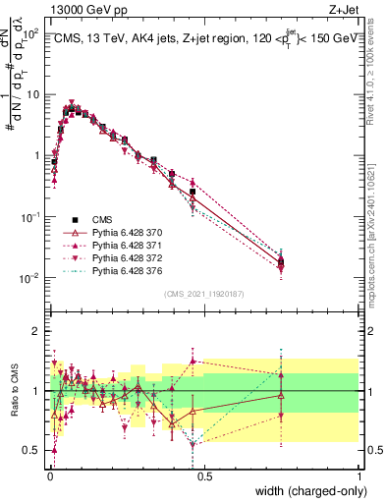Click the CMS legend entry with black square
(x=103, y=219)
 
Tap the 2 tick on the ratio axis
(x=39, y=331)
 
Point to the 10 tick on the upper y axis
(x=34, y=94)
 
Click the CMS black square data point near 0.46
(x=193, y=192)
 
